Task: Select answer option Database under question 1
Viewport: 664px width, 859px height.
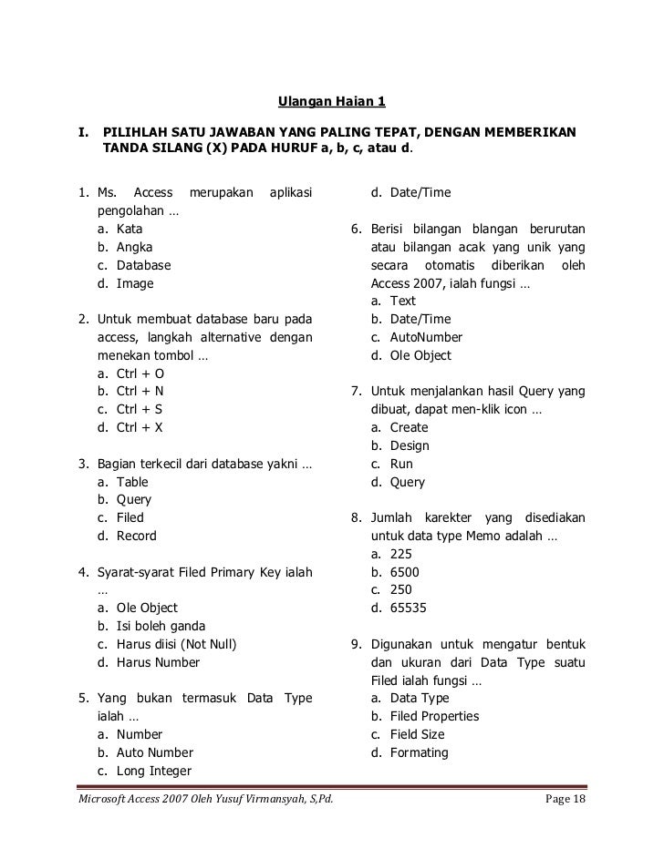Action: (143, 265)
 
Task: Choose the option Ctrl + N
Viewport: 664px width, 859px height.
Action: (140, 392)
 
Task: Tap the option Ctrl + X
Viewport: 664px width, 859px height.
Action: (140, 427)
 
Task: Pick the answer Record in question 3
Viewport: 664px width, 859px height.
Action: (136, 536)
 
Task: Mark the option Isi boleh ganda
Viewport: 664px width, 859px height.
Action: (160, 626)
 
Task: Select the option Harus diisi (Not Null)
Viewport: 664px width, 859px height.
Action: (176, 644)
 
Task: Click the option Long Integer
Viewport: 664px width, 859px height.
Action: (153, 771)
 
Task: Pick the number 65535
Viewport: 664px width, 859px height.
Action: (407, 608)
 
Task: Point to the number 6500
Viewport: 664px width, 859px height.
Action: (403, 572)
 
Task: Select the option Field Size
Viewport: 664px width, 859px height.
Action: (417, 734)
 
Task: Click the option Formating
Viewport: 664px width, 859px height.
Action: (419, 752)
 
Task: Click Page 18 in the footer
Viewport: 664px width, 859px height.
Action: (565, 799)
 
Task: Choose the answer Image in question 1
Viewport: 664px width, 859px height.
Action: (135, 283)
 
